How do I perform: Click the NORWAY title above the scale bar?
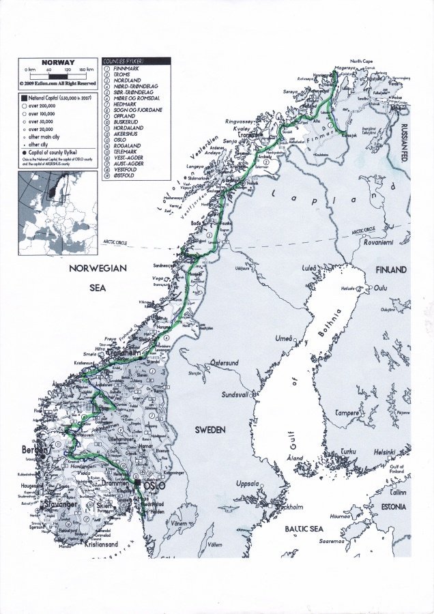[x=58, y=63]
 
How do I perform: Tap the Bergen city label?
[x=35, y=450]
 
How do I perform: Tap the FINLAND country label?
[x=391, y=269]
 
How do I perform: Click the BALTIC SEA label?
[x=304, y=529]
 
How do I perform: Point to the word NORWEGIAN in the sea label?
[x=98, y=269]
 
